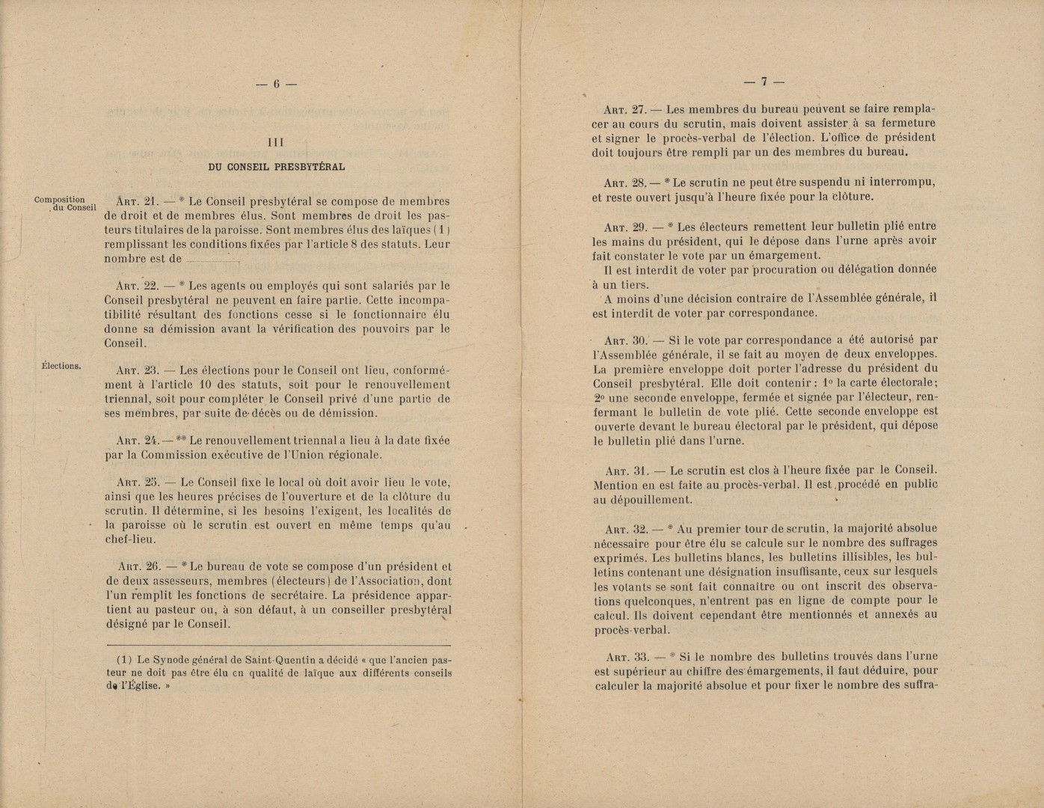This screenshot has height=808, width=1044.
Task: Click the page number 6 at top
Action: coord(275,85)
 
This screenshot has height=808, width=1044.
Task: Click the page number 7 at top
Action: coord(764,82)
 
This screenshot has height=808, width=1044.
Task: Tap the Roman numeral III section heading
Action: coord(276,141)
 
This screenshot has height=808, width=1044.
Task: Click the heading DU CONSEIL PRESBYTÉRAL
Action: coord(276,167)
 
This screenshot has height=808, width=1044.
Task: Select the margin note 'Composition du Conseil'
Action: coord(64,203)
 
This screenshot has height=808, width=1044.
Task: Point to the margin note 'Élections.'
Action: coord(61,366)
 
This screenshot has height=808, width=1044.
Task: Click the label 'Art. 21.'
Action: coord(136,201)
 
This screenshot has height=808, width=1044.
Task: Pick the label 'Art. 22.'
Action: coord(136,286)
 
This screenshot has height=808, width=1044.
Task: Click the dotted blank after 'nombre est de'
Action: coord(211,260)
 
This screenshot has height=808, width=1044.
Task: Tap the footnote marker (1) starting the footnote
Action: coord(124,660)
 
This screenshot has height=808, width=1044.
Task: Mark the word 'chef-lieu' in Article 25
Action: coord(130,539)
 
